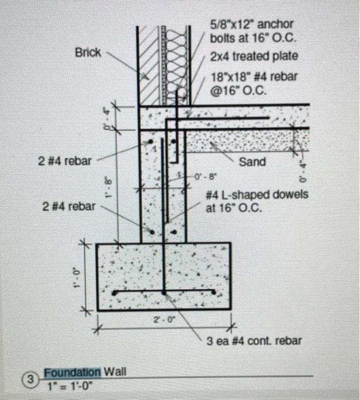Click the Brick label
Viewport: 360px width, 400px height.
[87, 53]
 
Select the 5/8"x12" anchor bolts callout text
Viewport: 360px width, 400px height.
[251, 32]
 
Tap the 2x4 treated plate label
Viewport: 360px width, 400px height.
[254, 57]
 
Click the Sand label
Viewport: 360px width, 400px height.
[252, 162]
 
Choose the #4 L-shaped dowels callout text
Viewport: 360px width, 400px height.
[257, 201]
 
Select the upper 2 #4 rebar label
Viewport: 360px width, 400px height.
[64, 161]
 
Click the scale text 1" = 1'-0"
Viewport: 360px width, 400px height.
[69, 385]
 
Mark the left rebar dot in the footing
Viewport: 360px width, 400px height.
[115, 293]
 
